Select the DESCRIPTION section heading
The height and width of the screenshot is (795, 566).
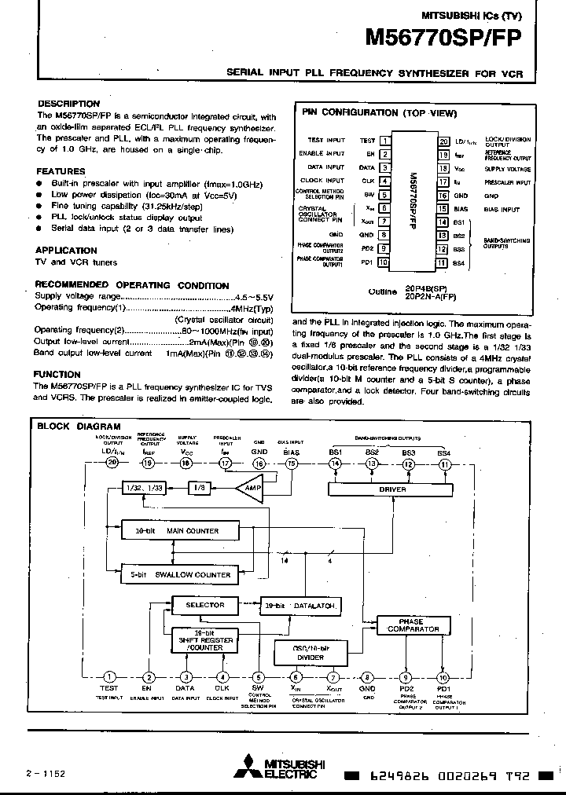pos(69,104)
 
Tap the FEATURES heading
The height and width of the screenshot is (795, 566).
pos(61,171)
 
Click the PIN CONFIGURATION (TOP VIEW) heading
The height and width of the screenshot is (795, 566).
pos(380,113)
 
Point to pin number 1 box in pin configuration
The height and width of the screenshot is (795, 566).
pos(385,141)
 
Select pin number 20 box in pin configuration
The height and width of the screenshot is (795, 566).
pos(444,141)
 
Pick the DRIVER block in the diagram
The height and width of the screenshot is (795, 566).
pos(392,489)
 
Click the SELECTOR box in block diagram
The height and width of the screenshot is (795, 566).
pos(204,605)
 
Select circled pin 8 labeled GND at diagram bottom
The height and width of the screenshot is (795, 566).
pos(368,677)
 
